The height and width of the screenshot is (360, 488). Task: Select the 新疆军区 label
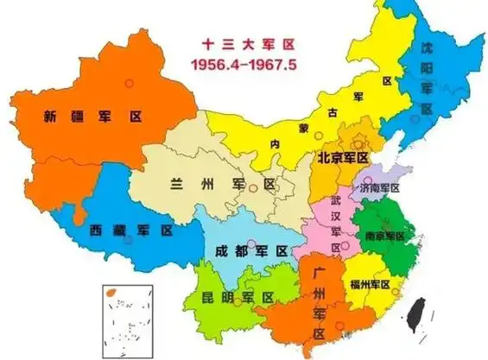[81, 117]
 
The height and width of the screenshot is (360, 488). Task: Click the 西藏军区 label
[131, 231]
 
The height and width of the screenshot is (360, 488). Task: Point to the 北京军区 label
[343, 158]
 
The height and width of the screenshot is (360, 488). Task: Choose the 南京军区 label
[385, 236]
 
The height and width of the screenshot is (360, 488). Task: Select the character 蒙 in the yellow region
[304, 128]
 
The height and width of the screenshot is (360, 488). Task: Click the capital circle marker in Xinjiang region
[129, 82]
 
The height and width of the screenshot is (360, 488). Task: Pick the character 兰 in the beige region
[178, 185]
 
